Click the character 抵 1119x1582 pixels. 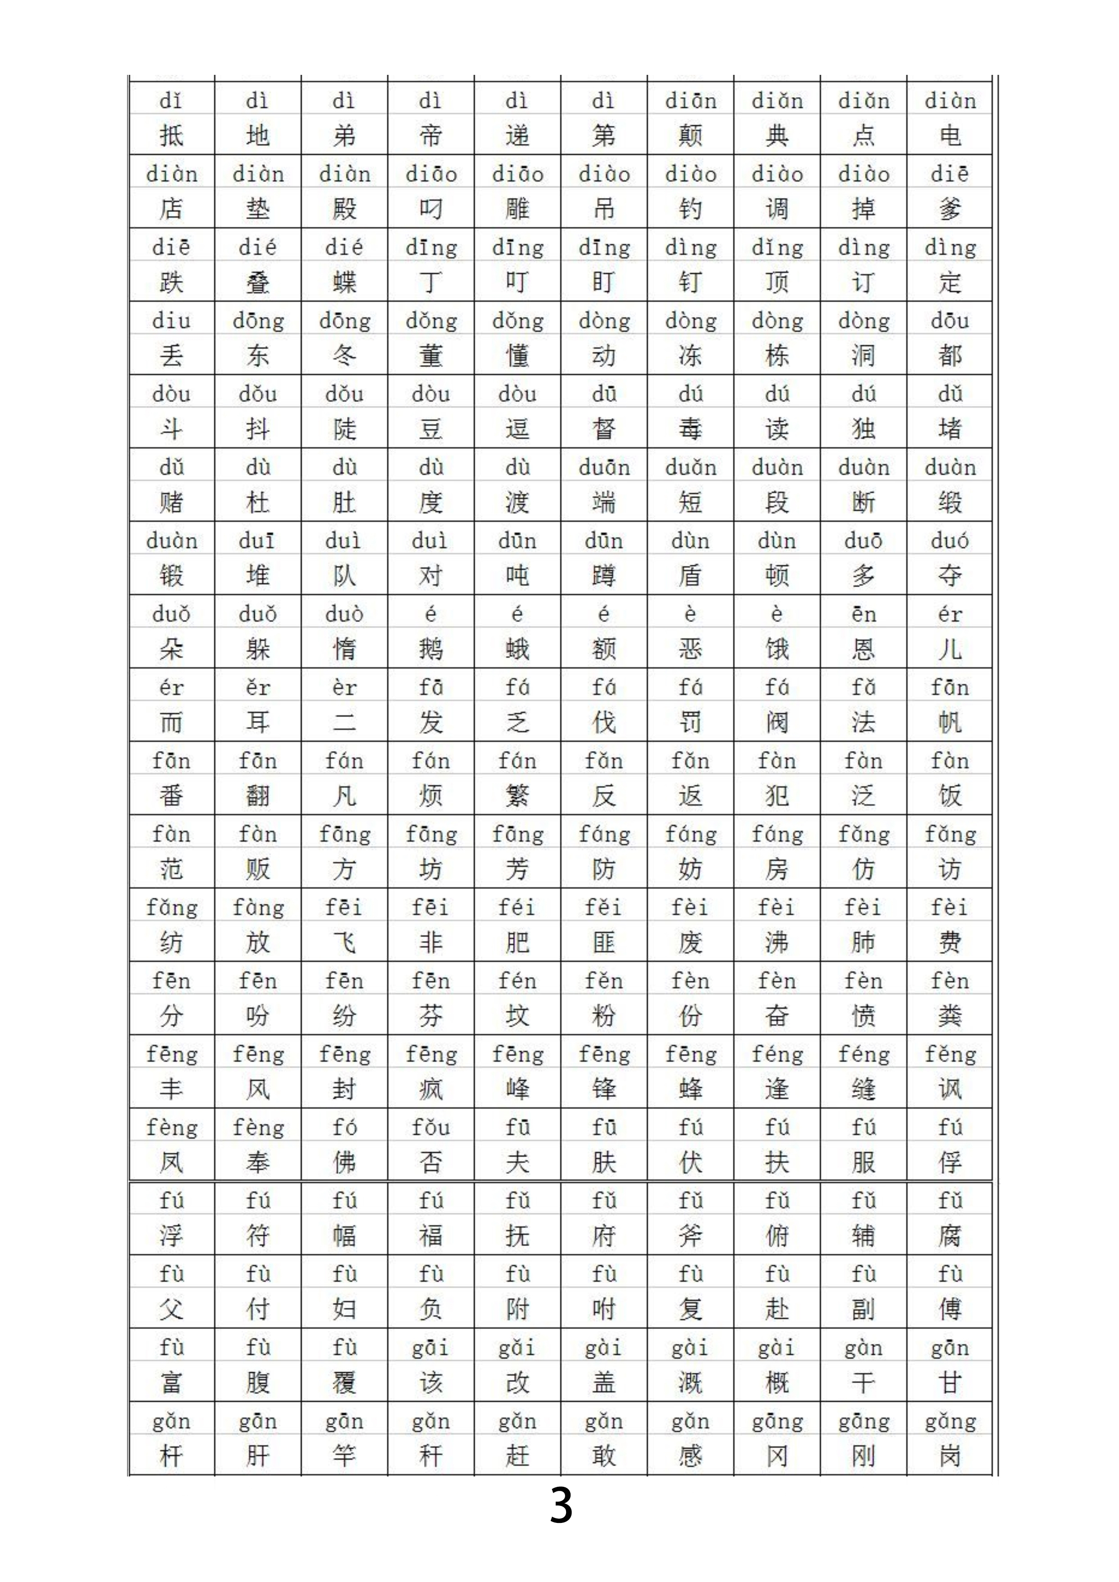172,136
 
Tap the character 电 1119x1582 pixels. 950,136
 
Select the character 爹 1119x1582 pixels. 950,209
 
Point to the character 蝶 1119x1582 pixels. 344,283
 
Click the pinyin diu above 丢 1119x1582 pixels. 172,321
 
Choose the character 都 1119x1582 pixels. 950,356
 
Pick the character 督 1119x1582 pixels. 603,429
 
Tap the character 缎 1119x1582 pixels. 950,502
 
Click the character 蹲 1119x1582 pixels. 603,575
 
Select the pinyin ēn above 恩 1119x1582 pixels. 863,613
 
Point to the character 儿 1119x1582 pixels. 950,649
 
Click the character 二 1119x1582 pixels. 344,722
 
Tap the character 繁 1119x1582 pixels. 517,796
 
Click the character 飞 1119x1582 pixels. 344,943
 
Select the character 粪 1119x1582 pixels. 950,1016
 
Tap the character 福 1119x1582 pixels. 431,1236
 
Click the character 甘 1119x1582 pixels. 950,1382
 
